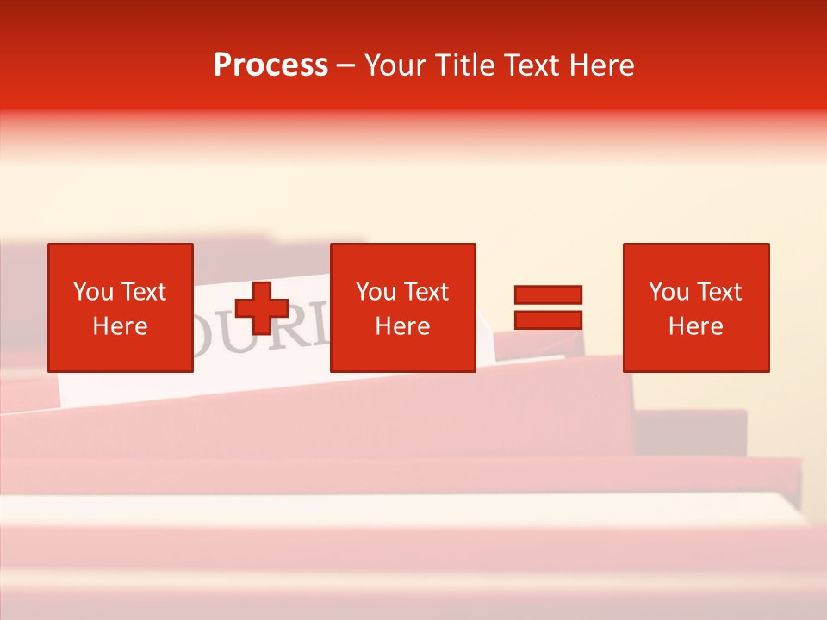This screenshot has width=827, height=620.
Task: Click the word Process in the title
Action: [270, 65]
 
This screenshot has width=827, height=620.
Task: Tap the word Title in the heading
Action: [463, 65]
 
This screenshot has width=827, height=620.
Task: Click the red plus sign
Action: [262, 308]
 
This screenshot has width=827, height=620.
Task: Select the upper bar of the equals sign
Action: [548, 294]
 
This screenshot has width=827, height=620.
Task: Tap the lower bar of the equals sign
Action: [548, 319]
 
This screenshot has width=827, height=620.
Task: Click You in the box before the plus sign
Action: [93, 292]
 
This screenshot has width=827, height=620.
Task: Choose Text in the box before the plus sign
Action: [142, 292]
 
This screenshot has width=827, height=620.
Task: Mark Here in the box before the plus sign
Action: [120, 326]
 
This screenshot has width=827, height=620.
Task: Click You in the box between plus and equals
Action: [376, 292]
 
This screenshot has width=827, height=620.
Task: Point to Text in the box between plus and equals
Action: [425, 292]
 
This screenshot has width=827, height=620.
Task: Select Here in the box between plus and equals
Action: [402, 326]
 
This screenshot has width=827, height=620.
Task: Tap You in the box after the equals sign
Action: [668, 292]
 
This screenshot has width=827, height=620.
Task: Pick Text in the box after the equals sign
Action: [718, 292]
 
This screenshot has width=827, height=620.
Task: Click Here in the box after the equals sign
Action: [695, 326]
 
